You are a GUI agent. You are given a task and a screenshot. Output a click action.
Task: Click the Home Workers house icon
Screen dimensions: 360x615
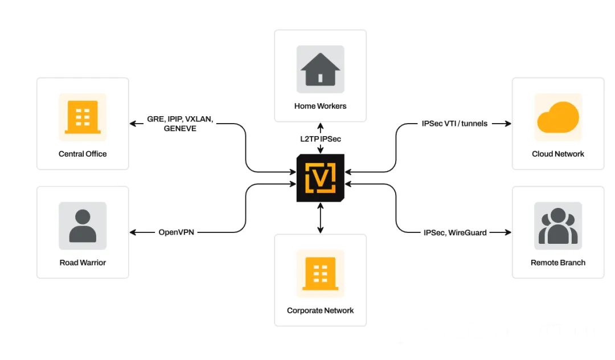pos(320,69)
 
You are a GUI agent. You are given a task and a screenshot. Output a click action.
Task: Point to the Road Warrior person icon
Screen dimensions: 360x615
pos(83,226)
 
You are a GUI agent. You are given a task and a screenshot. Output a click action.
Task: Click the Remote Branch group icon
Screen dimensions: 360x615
pos(558,226)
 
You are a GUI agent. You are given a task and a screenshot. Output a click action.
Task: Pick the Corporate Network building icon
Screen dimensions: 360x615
pos(320,273)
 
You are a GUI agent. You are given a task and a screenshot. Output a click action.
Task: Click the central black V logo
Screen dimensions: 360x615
pos(320,177)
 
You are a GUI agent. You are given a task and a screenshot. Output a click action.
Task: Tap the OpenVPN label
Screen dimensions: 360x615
pos(177,232)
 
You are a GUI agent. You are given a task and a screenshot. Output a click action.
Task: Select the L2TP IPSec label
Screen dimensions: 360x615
pos(320,138)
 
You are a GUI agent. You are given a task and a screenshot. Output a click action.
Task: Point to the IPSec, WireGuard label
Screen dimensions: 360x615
pos(455,232)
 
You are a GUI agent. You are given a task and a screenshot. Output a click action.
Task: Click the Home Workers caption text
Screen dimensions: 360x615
pos(320,106)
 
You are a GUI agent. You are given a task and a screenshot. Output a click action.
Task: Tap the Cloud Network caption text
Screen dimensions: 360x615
pos(558,154)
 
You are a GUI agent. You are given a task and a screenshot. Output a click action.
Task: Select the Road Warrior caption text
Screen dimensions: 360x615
pos(83,263)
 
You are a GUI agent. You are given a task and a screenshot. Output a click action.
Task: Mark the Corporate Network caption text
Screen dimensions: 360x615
pos(320,310)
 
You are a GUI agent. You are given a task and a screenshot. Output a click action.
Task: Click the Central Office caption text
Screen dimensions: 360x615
pos(83,154)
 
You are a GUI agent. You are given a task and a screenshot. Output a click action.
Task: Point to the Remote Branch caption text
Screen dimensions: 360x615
pos(558,263)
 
